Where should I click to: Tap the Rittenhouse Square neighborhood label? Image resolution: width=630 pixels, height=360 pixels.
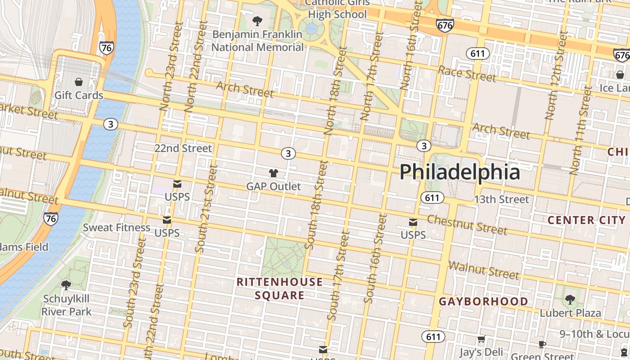[279, 288]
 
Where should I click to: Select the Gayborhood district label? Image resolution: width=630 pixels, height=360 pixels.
[484, 301]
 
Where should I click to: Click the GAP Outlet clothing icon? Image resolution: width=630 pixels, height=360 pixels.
[273, 173]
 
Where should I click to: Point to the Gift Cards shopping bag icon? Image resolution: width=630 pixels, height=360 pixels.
[79, 82]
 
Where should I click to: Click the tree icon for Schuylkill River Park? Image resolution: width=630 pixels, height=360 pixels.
[66, 285]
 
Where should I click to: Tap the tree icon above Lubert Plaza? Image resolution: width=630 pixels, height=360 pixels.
[570, 299]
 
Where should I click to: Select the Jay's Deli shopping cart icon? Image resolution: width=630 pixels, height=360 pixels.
[481, 339]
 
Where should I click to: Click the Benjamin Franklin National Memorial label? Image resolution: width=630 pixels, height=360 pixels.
[258, 40]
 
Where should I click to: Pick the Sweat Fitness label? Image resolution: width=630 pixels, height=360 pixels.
[117, 227]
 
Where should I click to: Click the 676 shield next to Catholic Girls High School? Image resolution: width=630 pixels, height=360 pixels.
[445, 25]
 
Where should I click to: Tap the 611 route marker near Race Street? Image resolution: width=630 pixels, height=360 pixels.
[477, 54]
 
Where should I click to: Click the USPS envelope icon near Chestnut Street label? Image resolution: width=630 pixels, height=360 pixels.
[413, 222]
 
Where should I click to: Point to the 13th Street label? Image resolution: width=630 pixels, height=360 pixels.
[501, 199]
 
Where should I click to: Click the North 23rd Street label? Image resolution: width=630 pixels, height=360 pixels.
[171, 67]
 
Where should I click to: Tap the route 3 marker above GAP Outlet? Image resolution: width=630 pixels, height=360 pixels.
[288, 153]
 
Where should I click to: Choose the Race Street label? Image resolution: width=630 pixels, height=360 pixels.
[467, 74]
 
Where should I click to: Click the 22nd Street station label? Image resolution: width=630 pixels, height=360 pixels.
[183, 148]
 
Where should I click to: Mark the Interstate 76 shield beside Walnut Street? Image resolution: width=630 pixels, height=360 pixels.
[51, 219]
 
